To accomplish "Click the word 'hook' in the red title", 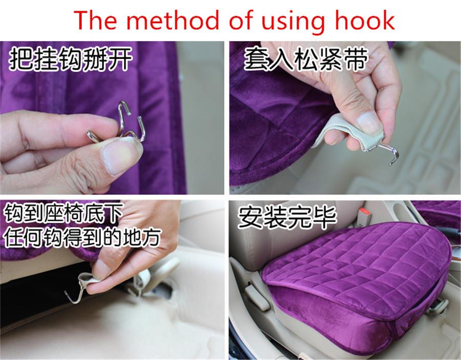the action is click(x=365, y=20).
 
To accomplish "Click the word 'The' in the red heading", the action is click(x=95, y=20).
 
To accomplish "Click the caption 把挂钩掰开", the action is click(x=70, y=59).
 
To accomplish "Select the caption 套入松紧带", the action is click(x=306, y=59).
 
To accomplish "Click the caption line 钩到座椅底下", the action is click(x=63, y=213).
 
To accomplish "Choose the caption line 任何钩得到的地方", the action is click(x=82, y=237).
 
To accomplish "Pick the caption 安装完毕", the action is click(x=287, y=218).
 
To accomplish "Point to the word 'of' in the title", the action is click(x=241, y=20).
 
